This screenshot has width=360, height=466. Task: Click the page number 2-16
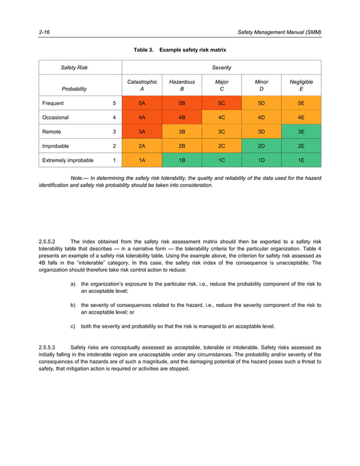[43, 33]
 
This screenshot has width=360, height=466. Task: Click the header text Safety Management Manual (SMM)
[279, 33]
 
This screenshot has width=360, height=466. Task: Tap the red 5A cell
[142, 103]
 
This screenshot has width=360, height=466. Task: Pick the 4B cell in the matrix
[182, 117]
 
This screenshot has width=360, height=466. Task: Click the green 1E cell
[301, 160]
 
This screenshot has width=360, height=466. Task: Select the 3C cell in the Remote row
[222, 132]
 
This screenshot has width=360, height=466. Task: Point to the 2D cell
[261, 146]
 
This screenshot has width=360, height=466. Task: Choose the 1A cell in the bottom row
[142, 160]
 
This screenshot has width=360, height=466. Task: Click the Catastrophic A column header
[142, 85]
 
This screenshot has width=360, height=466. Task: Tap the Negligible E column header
[301, 85]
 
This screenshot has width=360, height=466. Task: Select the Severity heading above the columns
[221, 68]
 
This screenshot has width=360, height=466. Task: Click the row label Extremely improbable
[68, 160]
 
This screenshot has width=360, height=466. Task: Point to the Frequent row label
[53, 103]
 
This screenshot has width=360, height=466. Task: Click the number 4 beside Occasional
[115, 117]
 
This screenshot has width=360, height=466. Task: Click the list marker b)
[73, 305]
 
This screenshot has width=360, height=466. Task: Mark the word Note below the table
[77, 178]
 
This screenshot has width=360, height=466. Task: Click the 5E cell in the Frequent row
[301, 103]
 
